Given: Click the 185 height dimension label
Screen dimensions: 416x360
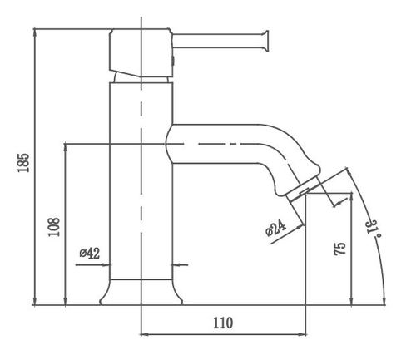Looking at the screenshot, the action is (23, 163).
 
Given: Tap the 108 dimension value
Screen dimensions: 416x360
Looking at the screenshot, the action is (54, 227).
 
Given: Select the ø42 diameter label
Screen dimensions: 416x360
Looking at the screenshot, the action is (89, 253).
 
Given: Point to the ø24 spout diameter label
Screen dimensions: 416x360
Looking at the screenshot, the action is (275, 228).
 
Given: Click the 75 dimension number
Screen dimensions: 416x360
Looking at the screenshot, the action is (339, 249).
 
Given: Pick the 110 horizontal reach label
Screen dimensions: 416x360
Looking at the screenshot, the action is (223, 323).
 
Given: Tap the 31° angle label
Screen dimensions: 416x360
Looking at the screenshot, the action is (374, 228).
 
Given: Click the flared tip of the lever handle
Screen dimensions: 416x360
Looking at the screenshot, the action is (266, 41).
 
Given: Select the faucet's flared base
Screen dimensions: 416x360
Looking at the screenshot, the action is (141, 293).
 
